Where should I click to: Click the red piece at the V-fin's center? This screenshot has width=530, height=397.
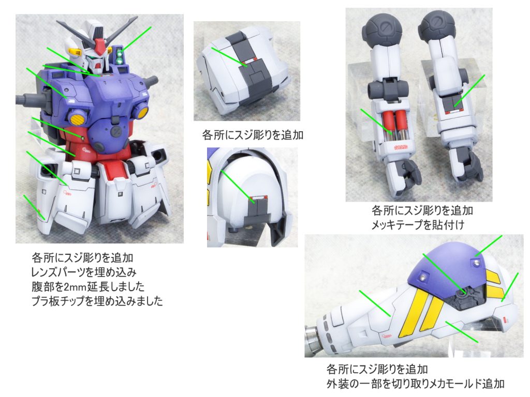coord(98,45)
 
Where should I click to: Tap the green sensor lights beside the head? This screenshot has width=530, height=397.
coord(119,56)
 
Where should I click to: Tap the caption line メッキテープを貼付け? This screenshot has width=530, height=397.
coord(418,225)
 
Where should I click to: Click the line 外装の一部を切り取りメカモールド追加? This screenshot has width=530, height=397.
coord(416,384)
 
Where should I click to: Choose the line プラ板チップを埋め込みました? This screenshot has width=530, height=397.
coord(97,301)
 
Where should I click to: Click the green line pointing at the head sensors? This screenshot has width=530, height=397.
coord(137,38)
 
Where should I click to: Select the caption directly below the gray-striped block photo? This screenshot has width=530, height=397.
coord(253,135)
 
